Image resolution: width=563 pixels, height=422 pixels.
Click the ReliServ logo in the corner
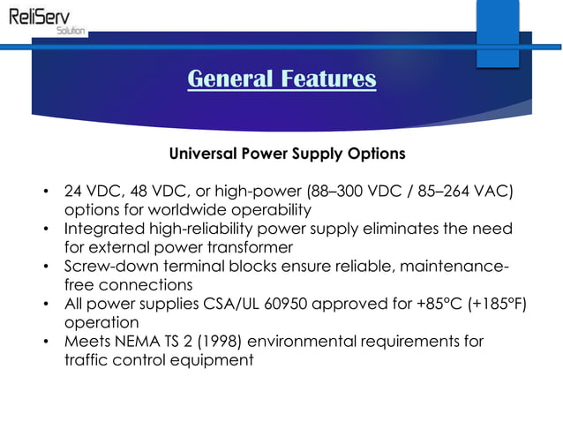coord(44,19)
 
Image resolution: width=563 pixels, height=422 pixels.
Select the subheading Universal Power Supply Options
coord(287,154)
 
